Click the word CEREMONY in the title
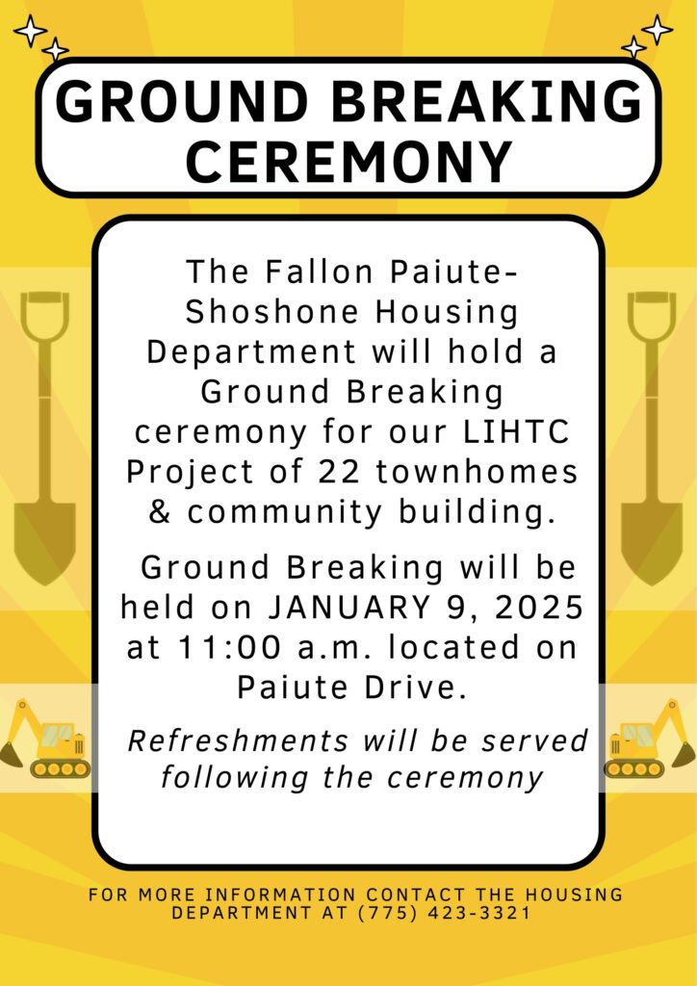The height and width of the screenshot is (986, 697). [348, 161]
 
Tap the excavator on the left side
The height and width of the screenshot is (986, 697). [45, 738]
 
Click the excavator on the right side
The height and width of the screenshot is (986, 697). [650, 738]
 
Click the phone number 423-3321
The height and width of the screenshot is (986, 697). [478, 913]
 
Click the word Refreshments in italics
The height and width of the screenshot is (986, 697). [238, 740]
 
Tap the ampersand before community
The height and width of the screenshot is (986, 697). [161, 512]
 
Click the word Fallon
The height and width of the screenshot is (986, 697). [320, 272]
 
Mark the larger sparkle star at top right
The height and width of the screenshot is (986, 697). [658, 30]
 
